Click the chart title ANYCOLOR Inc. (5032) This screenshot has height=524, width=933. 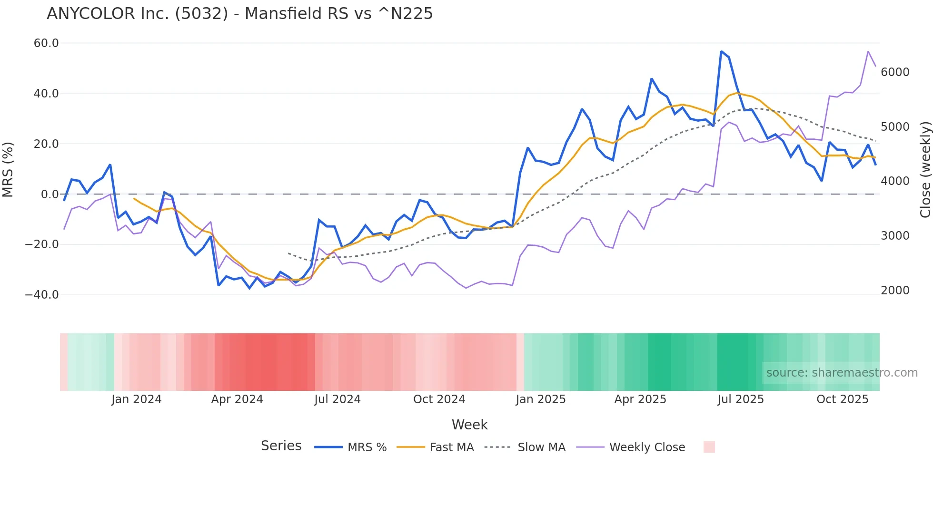point(239,14)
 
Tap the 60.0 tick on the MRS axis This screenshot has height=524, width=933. point(46,43)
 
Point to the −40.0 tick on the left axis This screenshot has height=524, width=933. point(42,295)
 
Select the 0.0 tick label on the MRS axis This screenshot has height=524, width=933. point(50,194)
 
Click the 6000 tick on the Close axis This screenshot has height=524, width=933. point(895,72)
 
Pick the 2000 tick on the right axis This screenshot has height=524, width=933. point(895,291)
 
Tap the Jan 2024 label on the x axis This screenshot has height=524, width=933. point(137,399)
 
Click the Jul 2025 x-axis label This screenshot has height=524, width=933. point(741,399)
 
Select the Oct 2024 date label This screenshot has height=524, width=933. point(439,399)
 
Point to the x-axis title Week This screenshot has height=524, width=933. point(469,425)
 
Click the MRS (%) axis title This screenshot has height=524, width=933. point(8,169)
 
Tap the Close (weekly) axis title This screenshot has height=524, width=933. point(925,169)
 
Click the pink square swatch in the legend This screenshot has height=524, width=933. point(709,447)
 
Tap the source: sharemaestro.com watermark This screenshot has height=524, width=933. point(842,373)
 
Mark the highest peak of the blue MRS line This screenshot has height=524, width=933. point(721,51)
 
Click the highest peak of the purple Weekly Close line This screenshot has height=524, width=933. point(868,51)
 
